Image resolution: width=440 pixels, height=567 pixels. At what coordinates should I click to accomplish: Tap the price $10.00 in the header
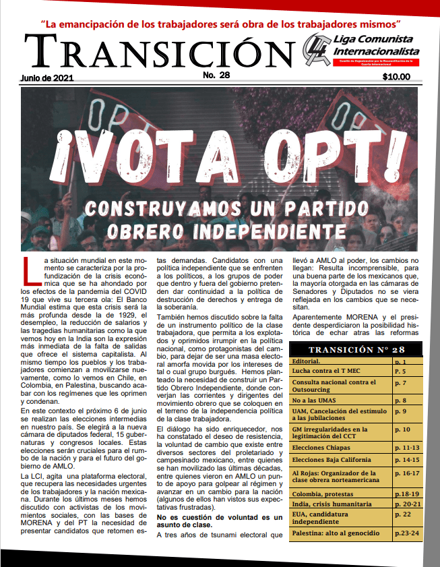396,77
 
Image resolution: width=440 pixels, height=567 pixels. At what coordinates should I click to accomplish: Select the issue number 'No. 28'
217,75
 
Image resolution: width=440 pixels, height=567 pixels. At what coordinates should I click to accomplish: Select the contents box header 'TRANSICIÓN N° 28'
356,349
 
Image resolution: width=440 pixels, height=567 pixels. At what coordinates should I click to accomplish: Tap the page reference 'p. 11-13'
406,447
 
